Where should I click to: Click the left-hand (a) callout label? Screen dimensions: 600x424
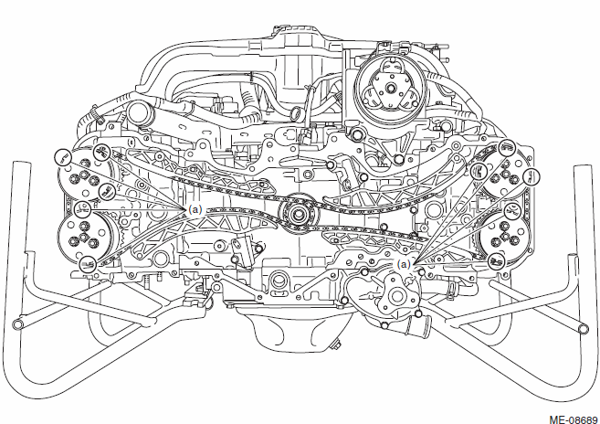pos(195,209)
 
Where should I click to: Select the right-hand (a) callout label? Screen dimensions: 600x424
pos(404,264)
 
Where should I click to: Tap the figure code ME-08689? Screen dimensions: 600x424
pos(574,419)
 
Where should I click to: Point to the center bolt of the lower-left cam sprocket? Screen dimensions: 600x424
pos(83,237)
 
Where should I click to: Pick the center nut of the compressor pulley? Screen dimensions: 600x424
pos(390,88)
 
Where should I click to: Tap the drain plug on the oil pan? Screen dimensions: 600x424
pos(336,345)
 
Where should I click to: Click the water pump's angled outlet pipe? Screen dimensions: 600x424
pos(417,325)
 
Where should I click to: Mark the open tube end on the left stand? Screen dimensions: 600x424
pos(17,324)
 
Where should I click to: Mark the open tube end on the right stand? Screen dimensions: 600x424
pos(583,328)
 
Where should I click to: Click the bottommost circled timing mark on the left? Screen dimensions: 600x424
pos(88,265)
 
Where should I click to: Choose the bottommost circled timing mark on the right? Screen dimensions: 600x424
pos(498,260)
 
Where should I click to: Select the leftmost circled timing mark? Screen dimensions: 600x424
pos(63,157)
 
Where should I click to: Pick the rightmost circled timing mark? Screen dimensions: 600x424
pos(532,177)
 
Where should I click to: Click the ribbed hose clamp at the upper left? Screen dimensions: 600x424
pos(97,115)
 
